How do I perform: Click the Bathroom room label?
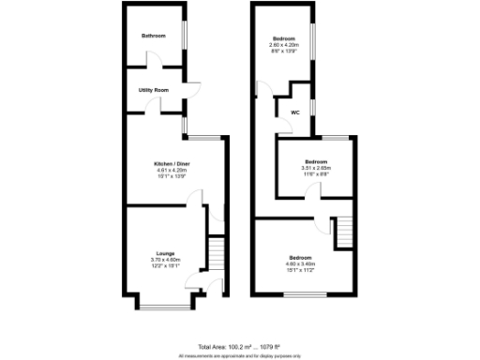(154, 36)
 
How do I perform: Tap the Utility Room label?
(153, 90)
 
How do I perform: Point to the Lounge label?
(165, 252)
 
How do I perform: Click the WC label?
(294, 112)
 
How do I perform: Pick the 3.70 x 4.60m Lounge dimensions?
(165, 259)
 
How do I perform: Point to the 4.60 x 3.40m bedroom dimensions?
(300, 263)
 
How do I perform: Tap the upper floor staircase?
(340, 230)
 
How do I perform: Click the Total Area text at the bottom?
(240, 346)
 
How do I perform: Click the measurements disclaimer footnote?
(240, 354)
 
